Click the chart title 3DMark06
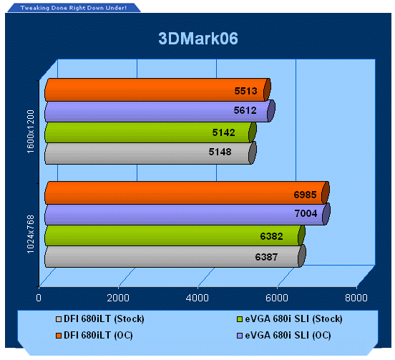[198, 39]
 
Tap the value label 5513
[245, 91]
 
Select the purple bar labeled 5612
[160, 111]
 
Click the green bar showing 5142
[150, 132]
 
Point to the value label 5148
[220, 152]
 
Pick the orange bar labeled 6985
[187, 193]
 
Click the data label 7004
[306, 213]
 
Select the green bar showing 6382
[175, 235]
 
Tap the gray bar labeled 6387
[175, 256]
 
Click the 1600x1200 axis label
[30, 132]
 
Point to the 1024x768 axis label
[30, 234]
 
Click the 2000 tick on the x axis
[118, 298]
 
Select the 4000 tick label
[197, 298]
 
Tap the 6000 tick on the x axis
[277, 298]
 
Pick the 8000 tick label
[356, 298]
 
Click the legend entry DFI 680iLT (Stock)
[100, 319]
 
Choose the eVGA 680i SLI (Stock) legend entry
[290, 319]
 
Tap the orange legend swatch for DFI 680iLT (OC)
[59, 336]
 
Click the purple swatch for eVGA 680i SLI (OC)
[240, 336]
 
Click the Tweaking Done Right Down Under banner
[74, 8]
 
